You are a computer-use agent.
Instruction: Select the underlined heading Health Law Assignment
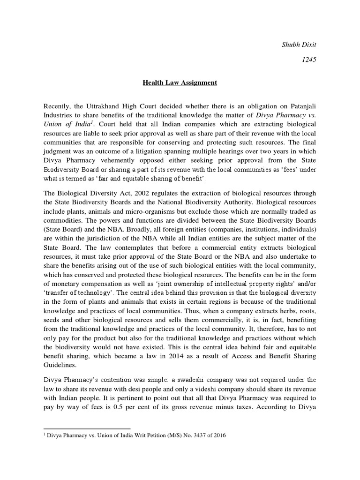click(180, 83)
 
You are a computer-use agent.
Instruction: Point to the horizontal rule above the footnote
click(87, 428)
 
